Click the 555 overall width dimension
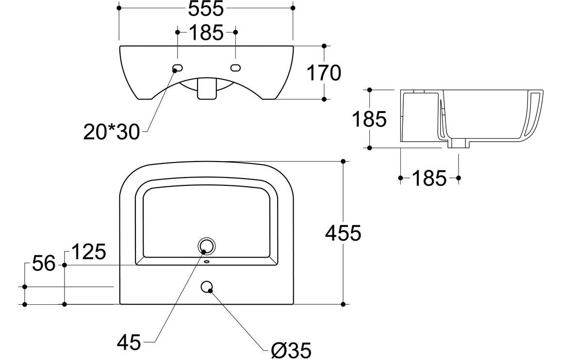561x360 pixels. [x=206, y=8]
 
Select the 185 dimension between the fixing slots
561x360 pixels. [x=206, y=33]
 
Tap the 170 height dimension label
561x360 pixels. [x=324, y=73]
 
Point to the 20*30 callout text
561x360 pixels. [x=112, y=131]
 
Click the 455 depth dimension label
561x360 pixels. [x=343, y=233]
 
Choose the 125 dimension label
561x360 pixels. [x=88, y=252]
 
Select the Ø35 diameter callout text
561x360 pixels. [x=291, y=348]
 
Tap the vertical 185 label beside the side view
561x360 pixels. [x=369, y=119]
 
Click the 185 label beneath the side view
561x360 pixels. [x=429, y=179]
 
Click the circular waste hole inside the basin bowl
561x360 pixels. [x=206, y=246]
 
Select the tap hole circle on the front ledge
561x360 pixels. [x=207, y=287]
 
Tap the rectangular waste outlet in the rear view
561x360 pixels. [x=207, y=90]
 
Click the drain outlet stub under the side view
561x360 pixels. [x=458, y=144]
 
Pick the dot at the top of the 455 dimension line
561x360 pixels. [x=343, y=161]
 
